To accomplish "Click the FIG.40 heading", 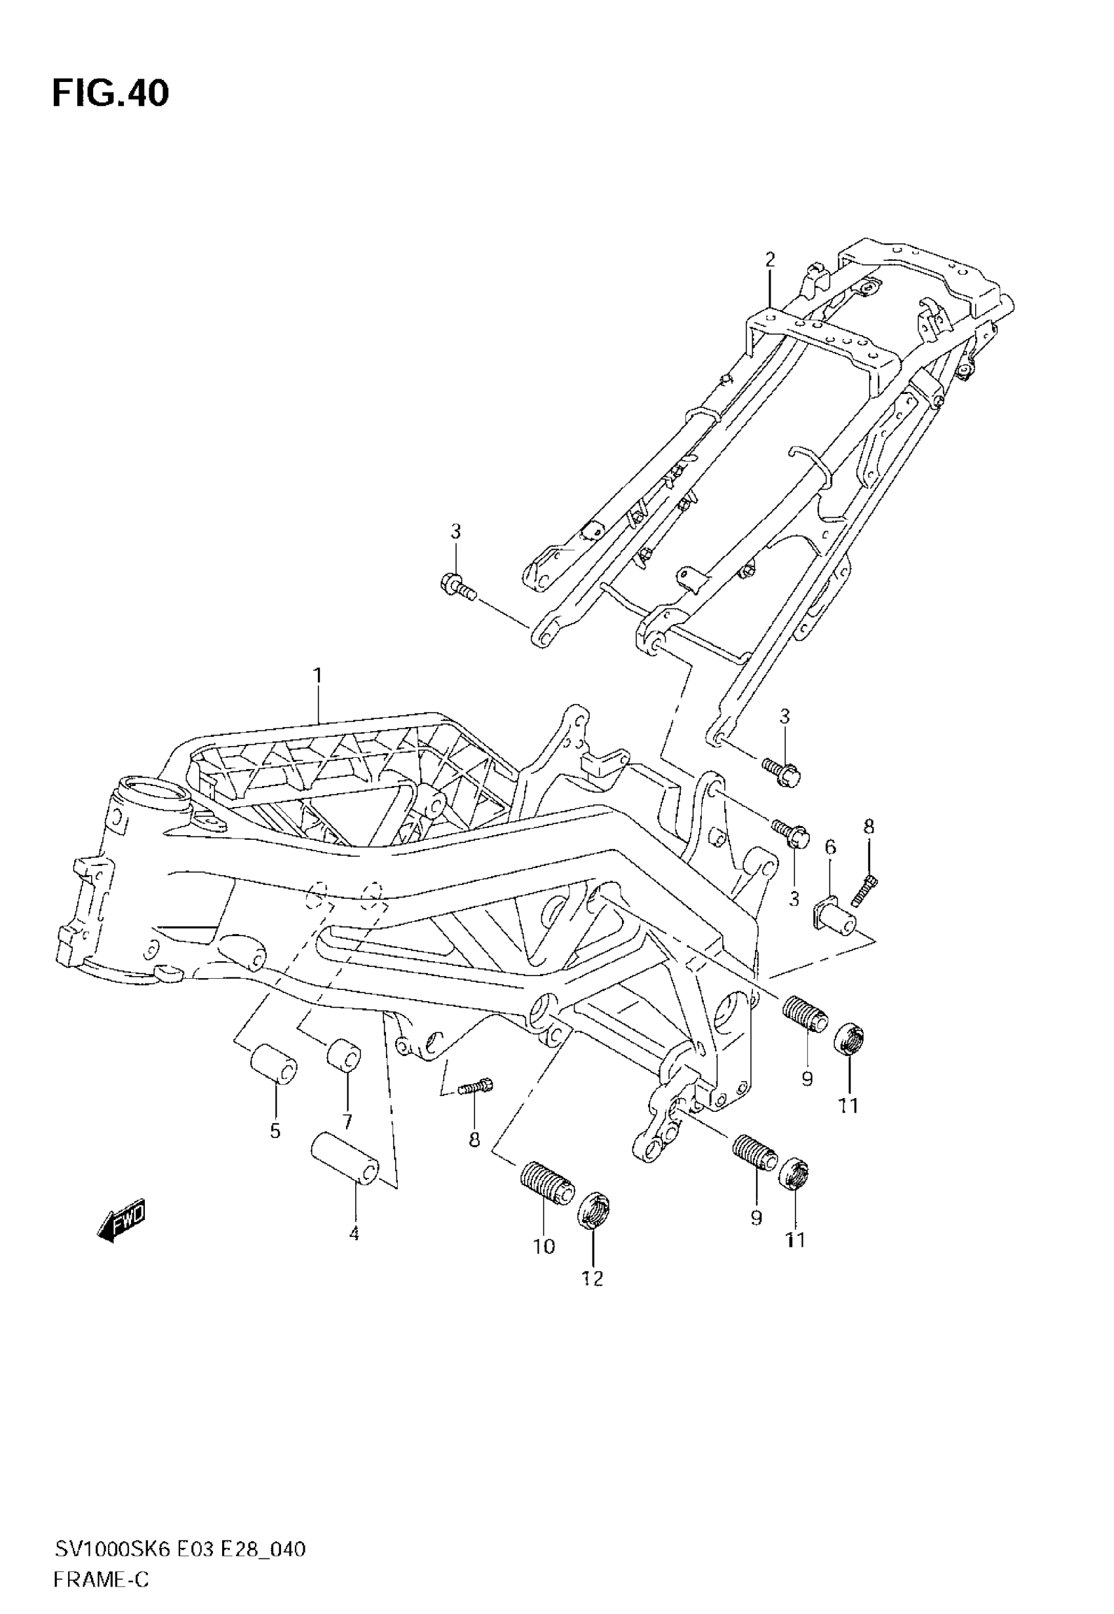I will point(110,94).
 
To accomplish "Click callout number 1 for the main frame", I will point(318,676).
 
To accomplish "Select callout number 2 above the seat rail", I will point(770,260).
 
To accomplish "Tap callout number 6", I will point(830,848).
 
